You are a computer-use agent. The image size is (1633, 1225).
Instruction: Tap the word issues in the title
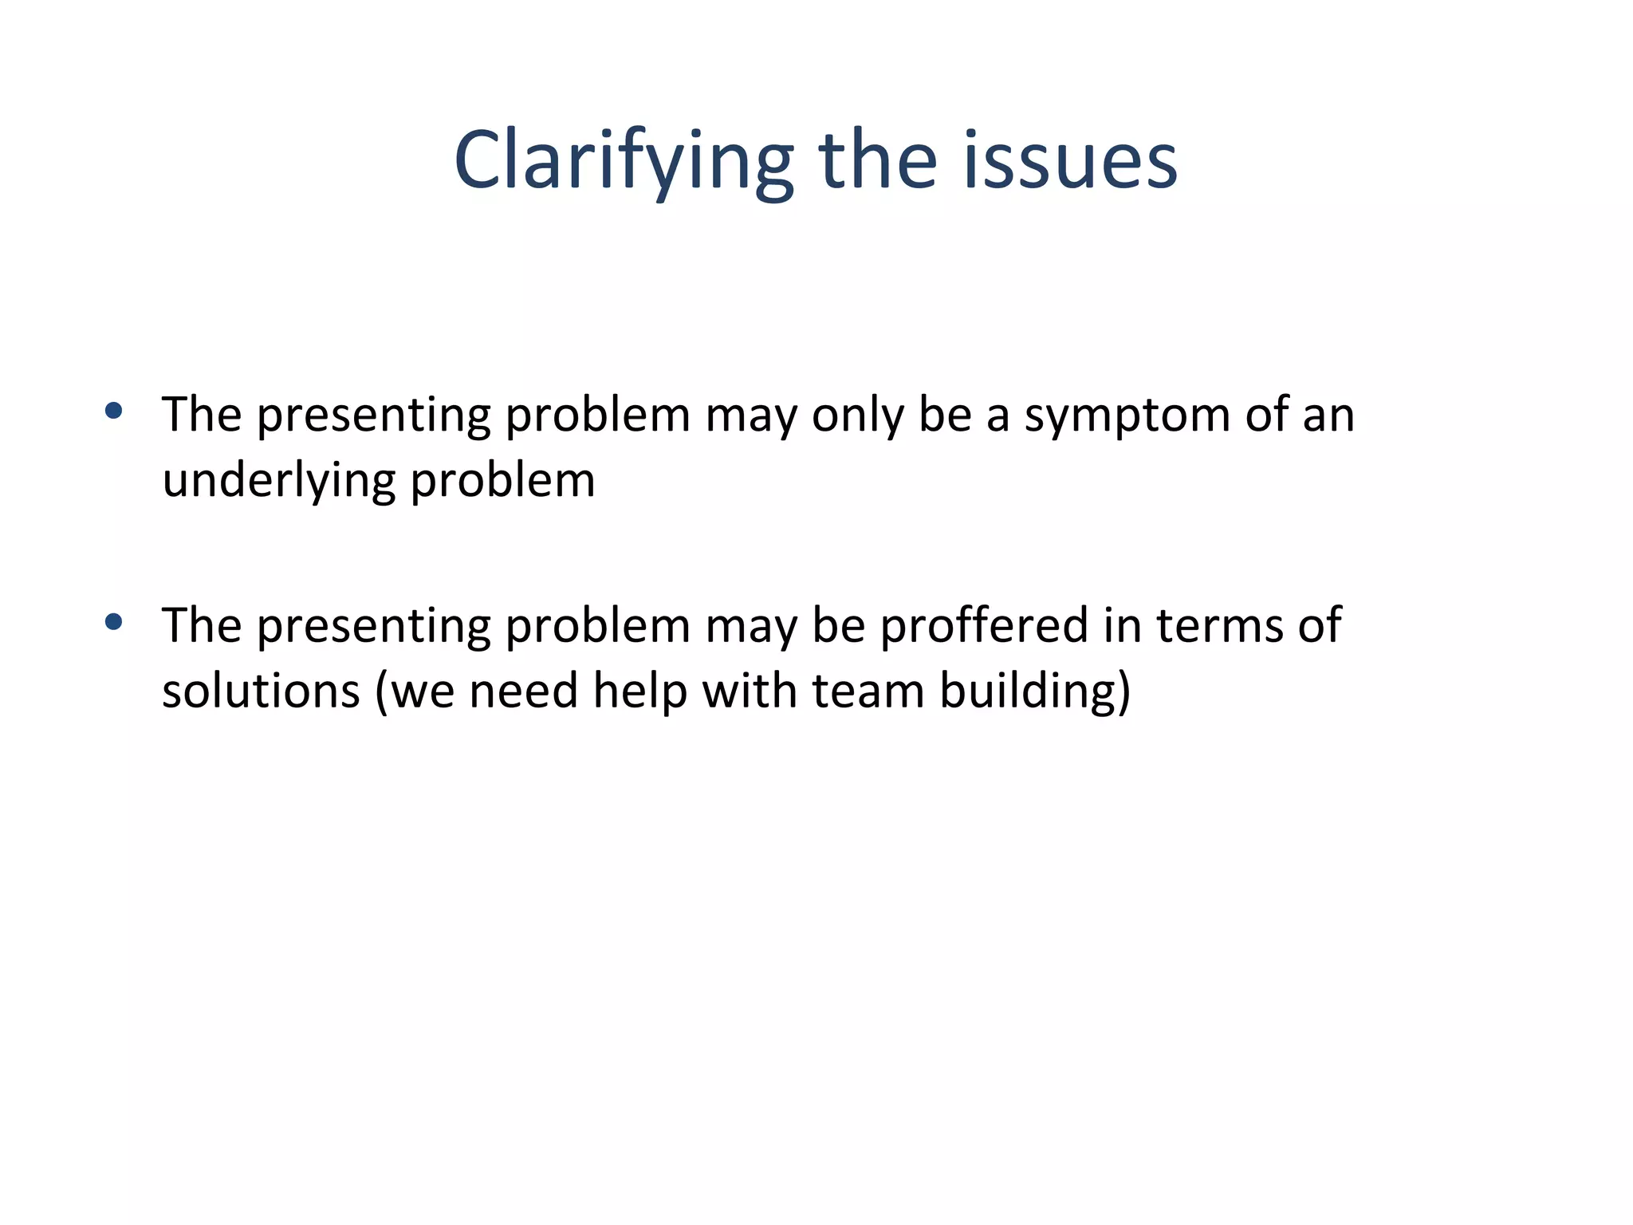click(1070, 161)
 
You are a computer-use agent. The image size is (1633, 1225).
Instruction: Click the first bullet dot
click(113, 411)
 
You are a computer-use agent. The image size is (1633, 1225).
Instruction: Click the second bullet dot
click(113, 621)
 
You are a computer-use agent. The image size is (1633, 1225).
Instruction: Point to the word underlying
click(278, 482)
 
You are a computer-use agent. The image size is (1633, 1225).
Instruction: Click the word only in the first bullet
click(857, 416)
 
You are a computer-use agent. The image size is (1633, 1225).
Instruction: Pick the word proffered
click(984, 625)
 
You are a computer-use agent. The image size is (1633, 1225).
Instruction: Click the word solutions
click(261, 691)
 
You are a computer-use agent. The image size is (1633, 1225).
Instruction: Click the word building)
click(1035, 691)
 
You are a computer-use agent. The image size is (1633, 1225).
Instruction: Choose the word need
click(523, 691)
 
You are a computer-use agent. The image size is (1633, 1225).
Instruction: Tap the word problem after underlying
click(502, 482)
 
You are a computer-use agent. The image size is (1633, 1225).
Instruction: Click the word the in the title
click(877, 161)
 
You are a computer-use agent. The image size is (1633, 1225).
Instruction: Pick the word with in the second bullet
click(750, 691)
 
